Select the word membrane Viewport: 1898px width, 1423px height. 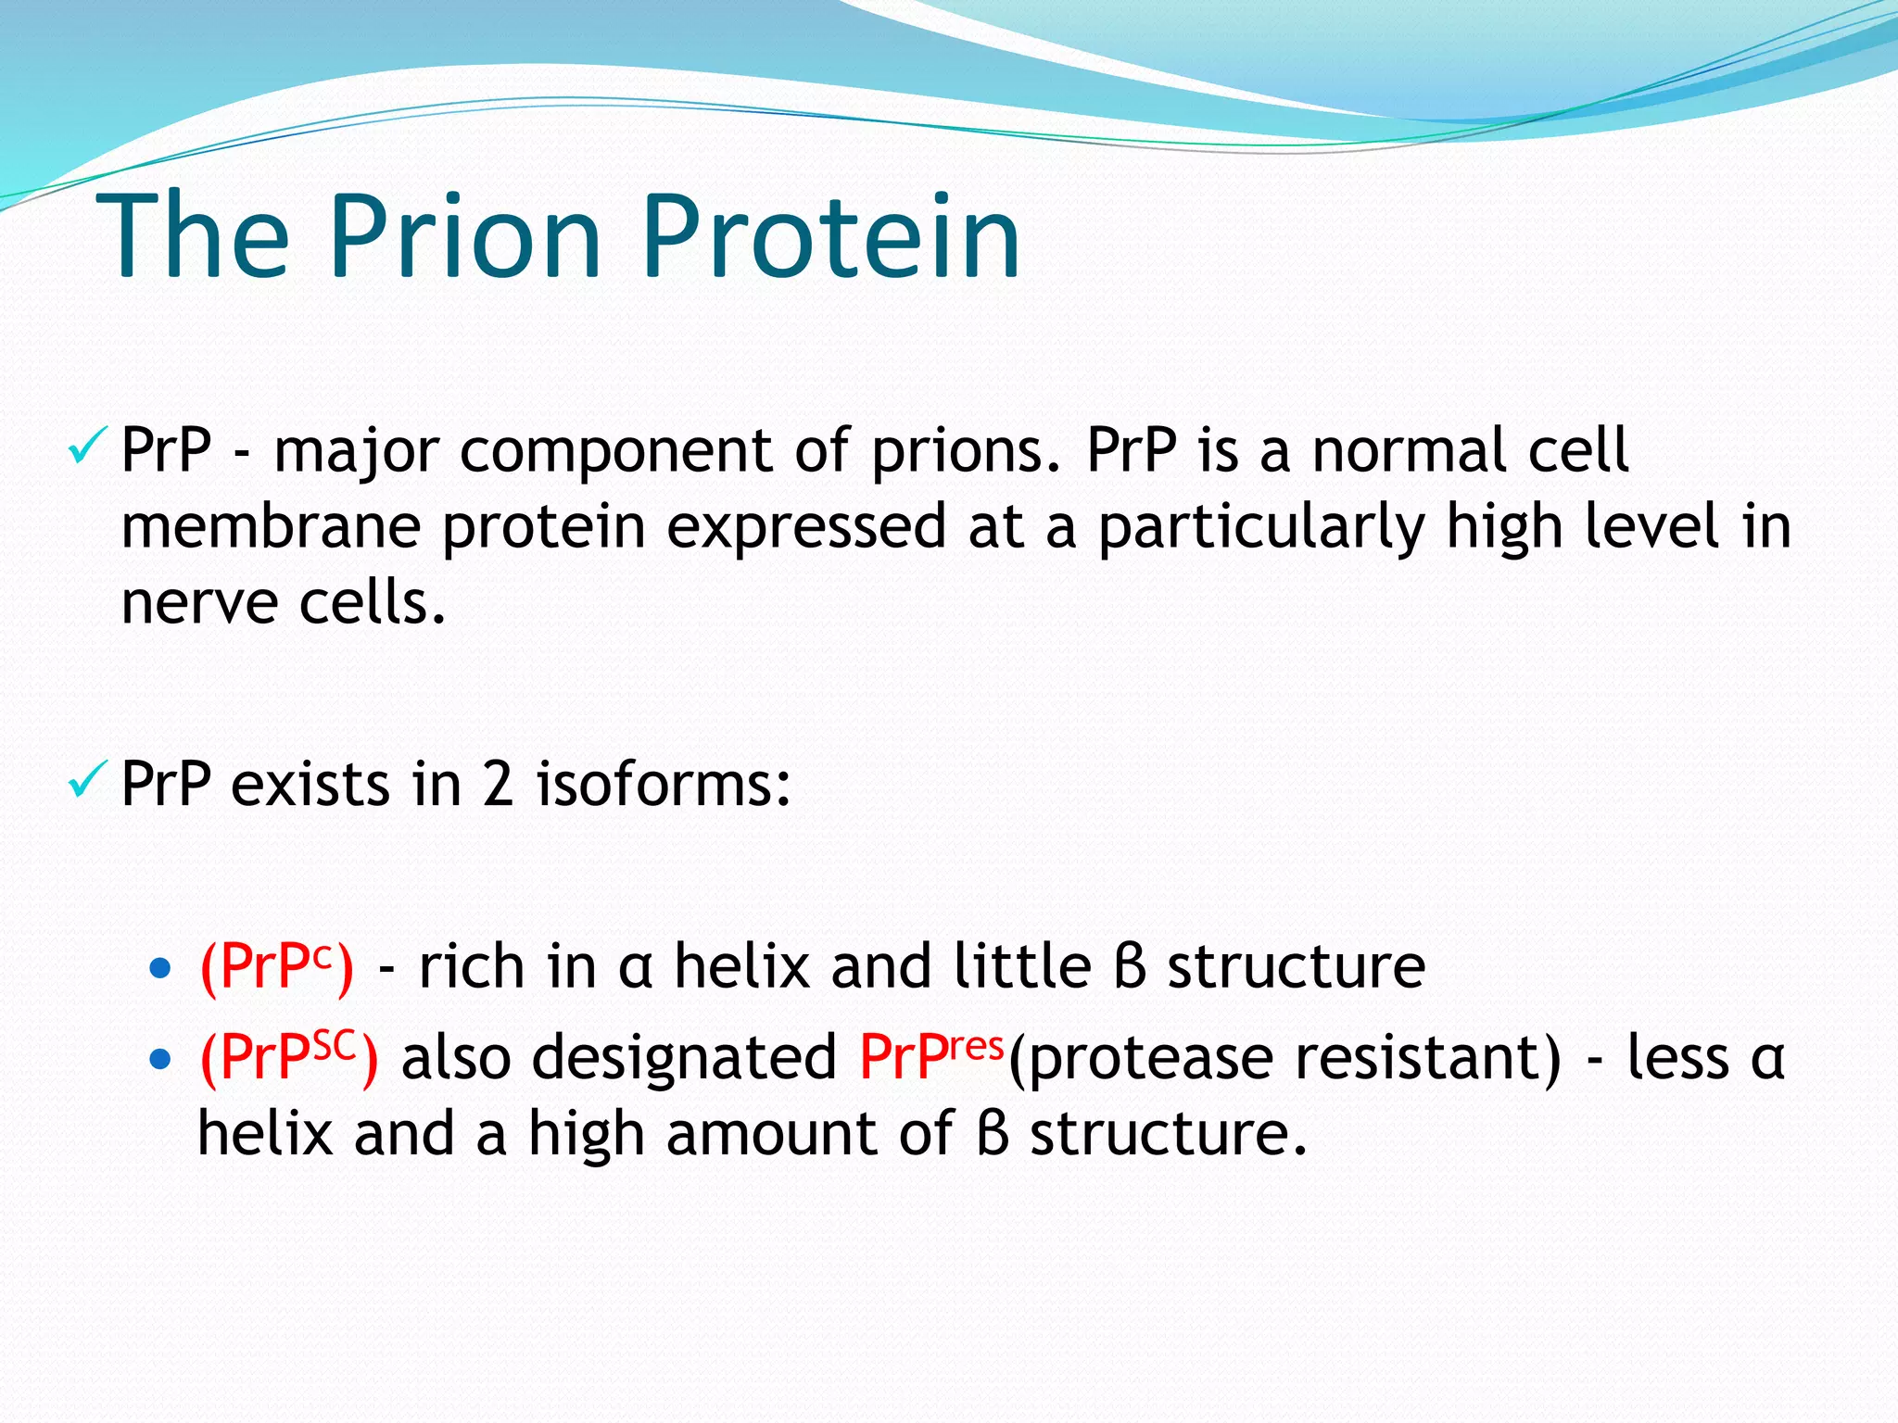[270, 526]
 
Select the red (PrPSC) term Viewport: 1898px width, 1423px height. [288, 1057]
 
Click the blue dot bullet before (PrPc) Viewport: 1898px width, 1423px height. [160, 969]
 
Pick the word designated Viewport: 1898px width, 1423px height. [684, 1057]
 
